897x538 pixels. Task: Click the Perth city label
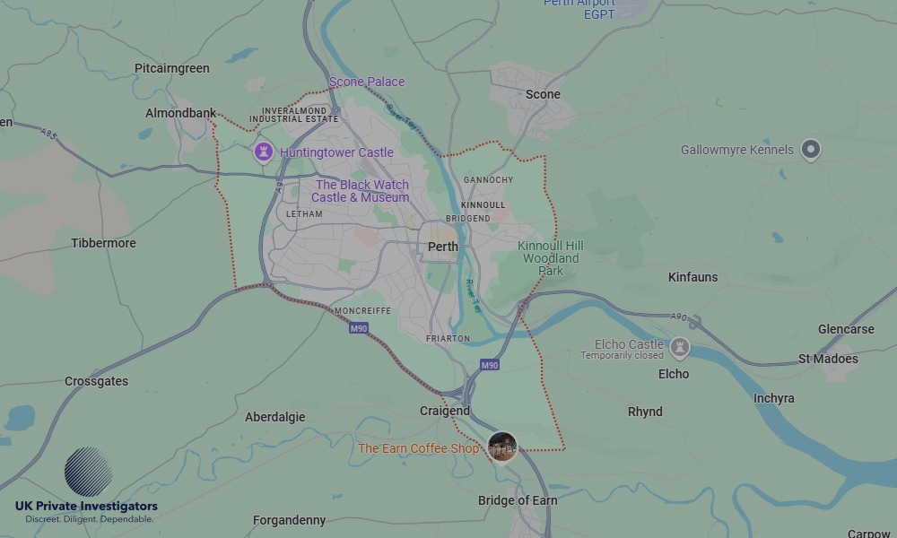[x=443, y=247]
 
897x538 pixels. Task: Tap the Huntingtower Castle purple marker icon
[x=263, y=152]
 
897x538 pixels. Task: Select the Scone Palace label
[x=367, y=82]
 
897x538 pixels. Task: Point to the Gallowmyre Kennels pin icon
[x=811, y=150]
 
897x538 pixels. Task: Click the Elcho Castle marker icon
[x=680, y=346]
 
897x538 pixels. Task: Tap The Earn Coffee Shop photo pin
[x=502, y=447]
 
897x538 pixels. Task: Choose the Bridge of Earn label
[x=518, y=500]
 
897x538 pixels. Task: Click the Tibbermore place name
[x=104, y=243]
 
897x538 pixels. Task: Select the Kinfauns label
[x=693, y=277]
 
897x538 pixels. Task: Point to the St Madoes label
[x=828, y=359]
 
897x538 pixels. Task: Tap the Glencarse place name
[x=846, y=329]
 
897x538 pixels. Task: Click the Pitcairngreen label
[x=171, y=68]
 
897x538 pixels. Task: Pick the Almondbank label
[x=180, y=113]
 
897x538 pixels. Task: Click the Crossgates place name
[x=96, y=381]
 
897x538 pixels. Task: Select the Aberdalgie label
[x=275, y=417]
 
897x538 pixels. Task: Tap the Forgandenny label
[x=289, y=520]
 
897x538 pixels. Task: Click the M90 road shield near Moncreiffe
[x=359, y=328]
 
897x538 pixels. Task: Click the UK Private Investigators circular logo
[x=88, y=472]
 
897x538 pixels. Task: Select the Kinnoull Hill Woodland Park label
[x=551, y=258]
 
